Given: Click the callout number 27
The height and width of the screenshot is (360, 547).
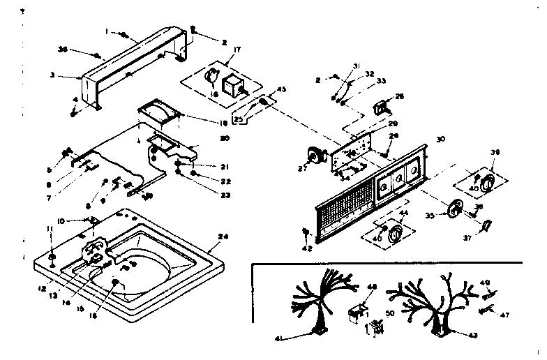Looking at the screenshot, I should coord(303,167).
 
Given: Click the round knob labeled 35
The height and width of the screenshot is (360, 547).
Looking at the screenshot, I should coord(457,208).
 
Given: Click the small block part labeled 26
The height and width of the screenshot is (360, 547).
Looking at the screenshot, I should coord(381,107).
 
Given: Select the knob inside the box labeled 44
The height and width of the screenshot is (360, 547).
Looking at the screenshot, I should coord(396,234).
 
